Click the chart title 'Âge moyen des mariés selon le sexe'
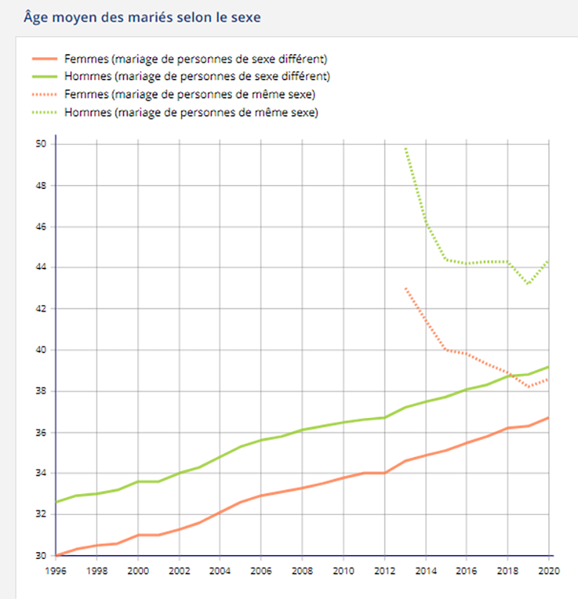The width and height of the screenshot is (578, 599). pyautogui.click(x=142, y=15)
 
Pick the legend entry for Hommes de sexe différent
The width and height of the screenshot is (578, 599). pyautogui.click(x=198, y=76)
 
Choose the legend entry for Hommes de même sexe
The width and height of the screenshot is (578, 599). pyautogui.click(x=192, y=112)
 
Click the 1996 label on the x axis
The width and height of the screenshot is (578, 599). pyautogui.click(x=55, y=572)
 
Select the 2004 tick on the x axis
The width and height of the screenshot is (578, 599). pyautogui.click(x=220, y=572)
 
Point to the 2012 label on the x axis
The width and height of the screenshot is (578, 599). pyautogui.click(x=385, y=572)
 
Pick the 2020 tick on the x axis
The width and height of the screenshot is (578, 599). pyautogui.click(x=549, y=572)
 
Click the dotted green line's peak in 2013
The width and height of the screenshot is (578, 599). pyautogui.click(x=405, y=148)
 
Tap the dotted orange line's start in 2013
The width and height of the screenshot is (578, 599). pyautogui.click(x=405, y=288)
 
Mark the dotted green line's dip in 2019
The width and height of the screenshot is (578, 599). pyautogui.click(x=529, y=284)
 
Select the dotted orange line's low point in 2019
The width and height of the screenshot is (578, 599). pyautogui.click(x=529, y=387)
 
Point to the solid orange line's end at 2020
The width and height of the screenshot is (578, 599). pyautogui.click(x=549, y=418)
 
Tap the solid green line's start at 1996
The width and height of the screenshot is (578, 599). pyautogui.click(x=56, y=502)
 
